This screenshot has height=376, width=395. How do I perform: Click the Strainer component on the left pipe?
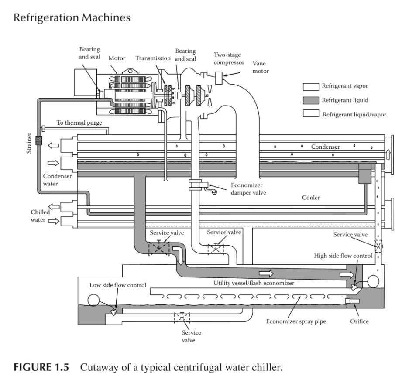point(38,141)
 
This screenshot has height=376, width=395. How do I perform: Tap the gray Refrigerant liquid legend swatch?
point(311,100)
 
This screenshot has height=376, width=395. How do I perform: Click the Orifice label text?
point(359,321)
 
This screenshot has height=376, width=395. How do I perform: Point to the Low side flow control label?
point(118,285)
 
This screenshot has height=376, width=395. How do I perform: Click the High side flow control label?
point(343,256)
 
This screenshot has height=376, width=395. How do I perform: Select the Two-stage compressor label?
point(229,58)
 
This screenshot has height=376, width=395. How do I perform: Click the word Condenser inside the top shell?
point(325,147)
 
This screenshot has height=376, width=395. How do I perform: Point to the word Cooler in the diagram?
point(311,198)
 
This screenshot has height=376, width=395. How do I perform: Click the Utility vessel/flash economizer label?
point(254,283)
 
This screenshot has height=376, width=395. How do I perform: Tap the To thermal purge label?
point(79,123)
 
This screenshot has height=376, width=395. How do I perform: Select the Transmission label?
point(153,59)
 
